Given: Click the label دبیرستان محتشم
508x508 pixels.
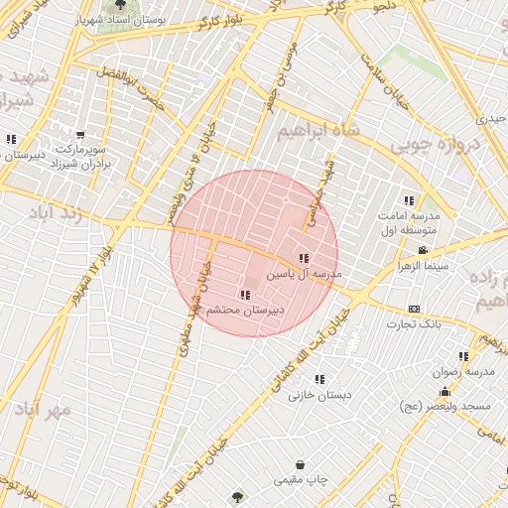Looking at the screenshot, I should (x=244, y=311).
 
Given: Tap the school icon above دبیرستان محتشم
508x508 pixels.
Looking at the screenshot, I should (x=245, y=295).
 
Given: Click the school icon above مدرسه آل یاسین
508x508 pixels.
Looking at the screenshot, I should (x=303, y=258).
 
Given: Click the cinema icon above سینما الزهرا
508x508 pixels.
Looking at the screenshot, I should (x=423, y=250).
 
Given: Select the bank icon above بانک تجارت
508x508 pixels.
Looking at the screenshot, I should (x=414, y=310).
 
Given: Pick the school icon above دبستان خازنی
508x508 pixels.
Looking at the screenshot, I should (x=319, y=379).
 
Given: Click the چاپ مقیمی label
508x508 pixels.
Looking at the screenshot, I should (x=300, y=479).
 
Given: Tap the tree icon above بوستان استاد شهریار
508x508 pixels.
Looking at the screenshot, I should (x=121, y=5).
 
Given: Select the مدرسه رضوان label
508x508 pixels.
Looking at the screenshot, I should (x=462, y=372).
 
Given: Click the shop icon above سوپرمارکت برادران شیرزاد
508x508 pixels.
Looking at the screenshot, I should (x=79, y=136).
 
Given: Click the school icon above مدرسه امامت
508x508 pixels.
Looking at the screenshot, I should (x=409, y=200).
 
